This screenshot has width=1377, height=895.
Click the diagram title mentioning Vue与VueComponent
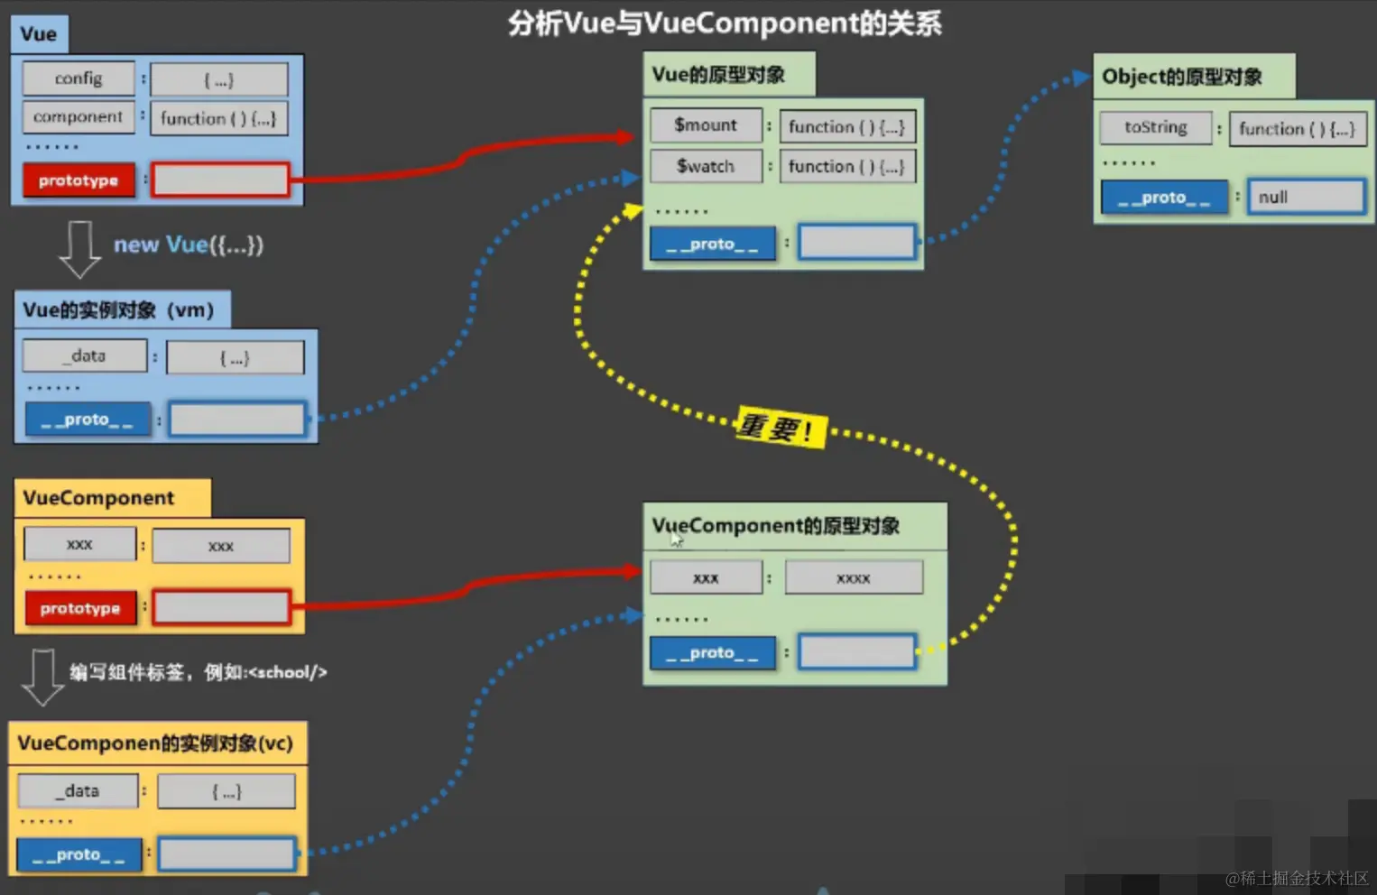725,23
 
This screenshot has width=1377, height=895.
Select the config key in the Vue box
79,78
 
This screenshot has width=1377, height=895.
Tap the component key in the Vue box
79,117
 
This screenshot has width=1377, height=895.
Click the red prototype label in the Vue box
79,180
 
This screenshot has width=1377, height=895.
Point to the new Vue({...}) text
189,245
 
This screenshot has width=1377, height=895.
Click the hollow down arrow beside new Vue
79,249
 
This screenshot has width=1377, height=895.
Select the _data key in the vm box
85,355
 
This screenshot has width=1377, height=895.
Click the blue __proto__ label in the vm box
87,420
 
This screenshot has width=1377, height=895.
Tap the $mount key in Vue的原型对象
706,125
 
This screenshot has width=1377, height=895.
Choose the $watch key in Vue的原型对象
706,166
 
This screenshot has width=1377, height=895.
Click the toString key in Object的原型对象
1155,127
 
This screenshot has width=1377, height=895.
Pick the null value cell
1305,197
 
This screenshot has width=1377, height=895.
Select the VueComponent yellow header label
99,498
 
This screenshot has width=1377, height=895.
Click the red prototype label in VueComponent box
80,608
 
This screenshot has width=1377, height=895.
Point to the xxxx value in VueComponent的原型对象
854,578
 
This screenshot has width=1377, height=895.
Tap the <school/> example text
287,672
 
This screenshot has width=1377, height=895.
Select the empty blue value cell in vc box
226,854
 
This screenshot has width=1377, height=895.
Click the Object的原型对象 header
1182,77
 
